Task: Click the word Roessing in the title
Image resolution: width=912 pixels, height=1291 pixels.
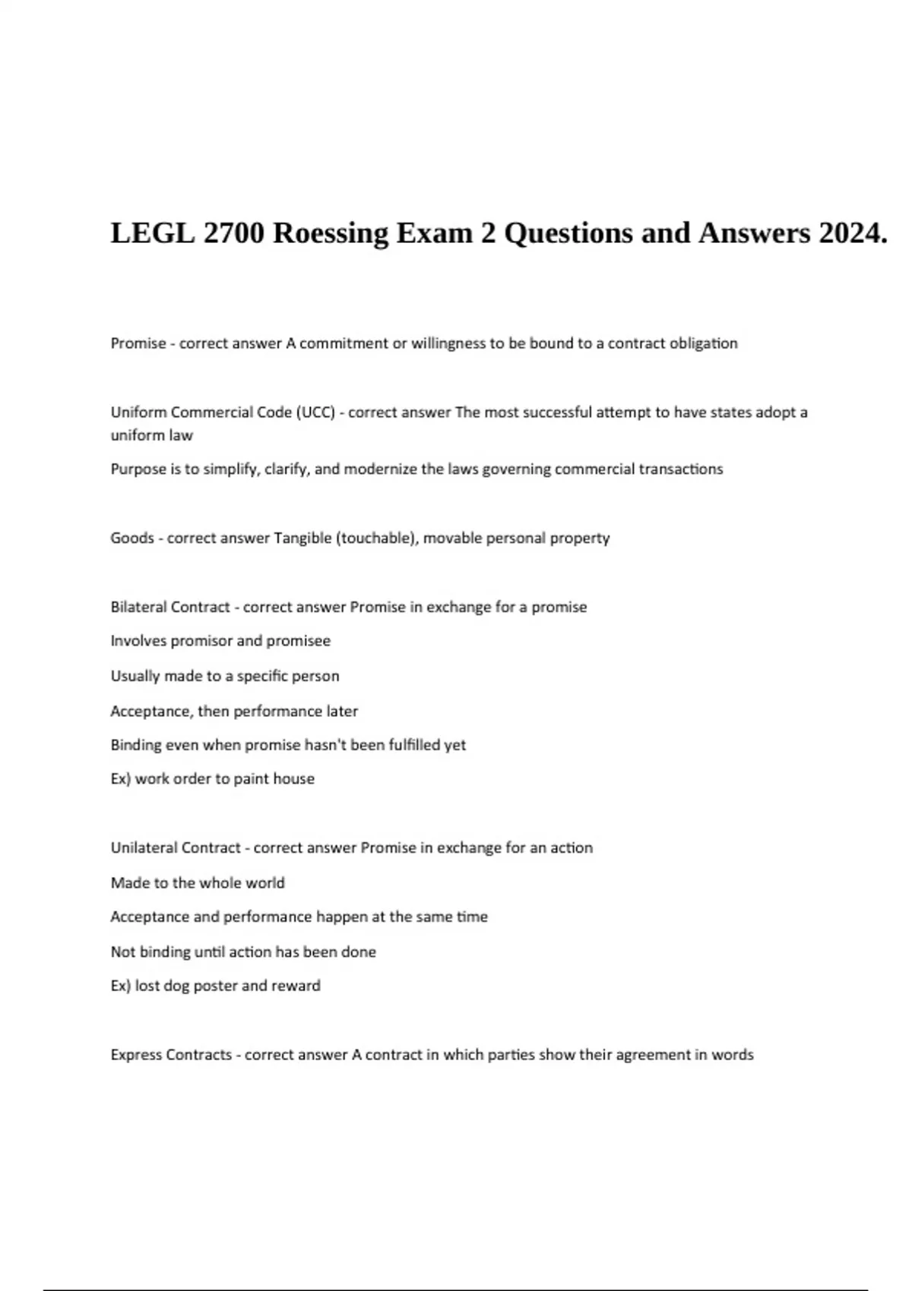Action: (331, 233)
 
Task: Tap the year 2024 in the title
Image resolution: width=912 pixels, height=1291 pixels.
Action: (853, 233)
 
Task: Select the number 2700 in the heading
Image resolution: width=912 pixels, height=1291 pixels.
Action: (234, 233)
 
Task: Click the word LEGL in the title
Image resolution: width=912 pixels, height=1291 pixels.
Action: (152, 233)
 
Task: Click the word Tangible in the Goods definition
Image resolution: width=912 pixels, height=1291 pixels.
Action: (302, 538)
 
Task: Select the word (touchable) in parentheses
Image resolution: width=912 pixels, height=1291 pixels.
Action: (377, 538)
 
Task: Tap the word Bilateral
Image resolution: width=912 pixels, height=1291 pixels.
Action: (138, 608)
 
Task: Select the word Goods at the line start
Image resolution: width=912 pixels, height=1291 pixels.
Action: (131, 538)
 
